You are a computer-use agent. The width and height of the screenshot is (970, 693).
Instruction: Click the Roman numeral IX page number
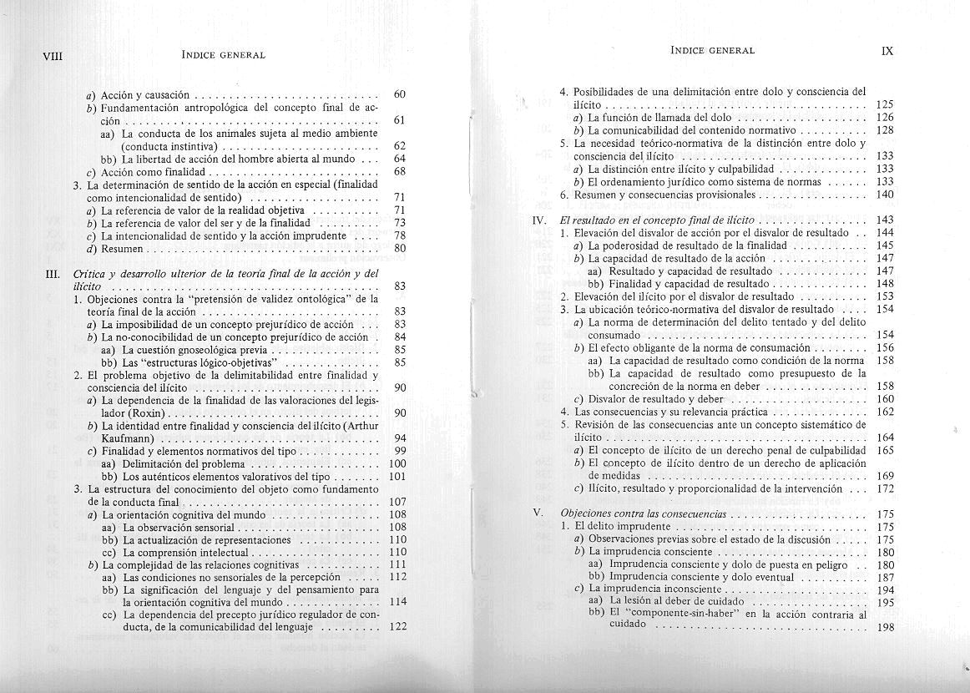pyautogui.click(x=887, y=51)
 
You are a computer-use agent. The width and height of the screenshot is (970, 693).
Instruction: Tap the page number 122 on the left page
pyautogui.click(x=397, y=628)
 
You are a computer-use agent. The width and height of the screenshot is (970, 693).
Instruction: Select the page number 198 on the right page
pyautogui.click(x=886, y=628)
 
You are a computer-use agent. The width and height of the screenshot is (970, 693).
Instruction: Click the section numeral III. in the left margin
pyautogui.click(x=53, y=274)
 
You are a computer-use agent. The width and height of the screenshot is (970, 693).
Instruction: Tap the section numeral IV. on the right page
pyautogui.click(x=539, y=220)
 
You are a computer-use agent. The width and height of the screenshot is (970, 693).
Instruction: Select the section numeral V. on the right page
pyautogui.click(x=538, y=513)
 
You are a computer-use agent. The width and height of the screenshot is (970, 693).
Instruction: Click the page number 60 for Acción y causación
pyautogui.click(x=399, y=95)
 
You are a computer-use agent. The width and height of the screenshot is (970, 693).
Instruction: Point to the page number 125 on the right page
pyautogui.click(x=886, y=105)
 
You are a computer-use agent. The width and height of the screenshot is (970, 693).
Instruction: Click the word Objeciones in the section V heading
pyautogui.click(x=588, y=513)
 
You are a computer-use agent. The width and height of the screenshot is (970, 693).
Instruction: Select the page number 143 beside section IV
pyautogui.click(x=886, y=220)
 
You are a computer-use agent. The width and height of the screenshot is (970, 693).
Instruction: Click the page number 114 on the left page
pyautogui.click(x=397, y=602)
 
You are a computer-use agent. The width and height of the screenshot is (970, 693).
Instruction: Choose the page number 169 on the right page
pyautogui.click(x=886, y=476)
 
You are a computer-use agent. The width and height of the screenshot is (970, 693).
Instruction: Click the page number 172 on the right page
pyautogui.click(x=886, y=488)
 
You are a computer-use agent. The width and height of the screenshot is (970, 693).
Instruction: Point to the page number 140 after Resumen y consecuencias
pyautogui.click(x=886, y=195)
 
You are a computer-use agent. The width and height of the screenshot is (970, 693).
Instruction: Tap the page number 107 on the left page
pyautogui.click(x=397, y=502)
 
